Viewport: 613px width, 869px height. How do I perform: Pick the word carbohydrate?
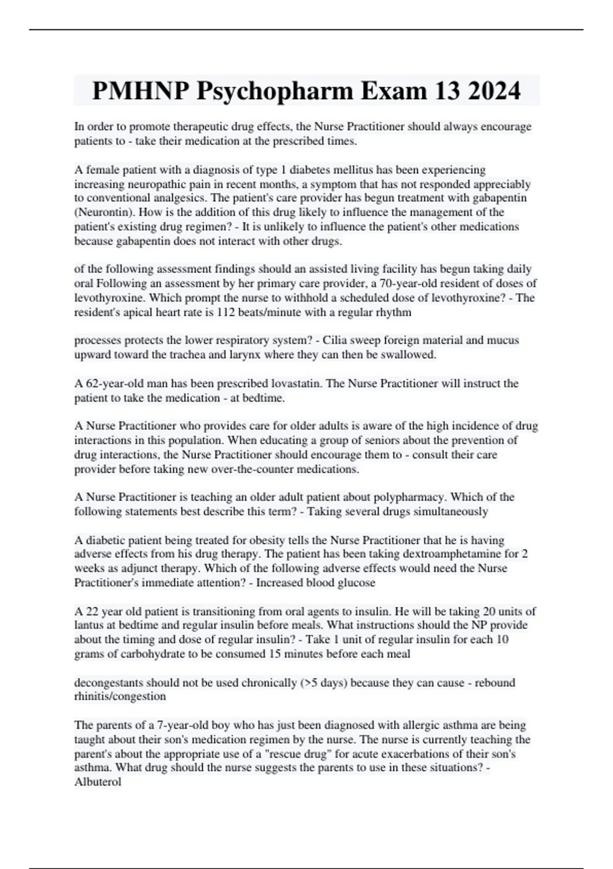coord(146,654)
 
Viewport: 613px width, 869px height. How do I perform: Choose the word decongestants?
coord(109,683)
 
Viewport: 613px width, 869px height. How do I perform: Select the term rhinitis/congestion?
coord(120,696)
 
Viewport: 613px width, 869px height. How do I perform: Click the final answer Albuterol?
coord(98,782)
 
